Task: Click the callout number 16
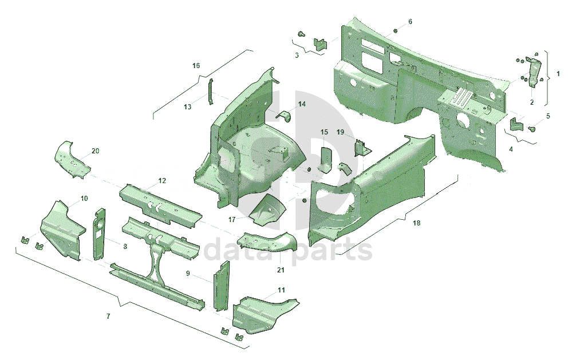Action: tap(196, 66)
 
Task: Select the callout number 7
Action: tap(108, 316)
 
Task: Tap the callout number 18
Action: tap(416, 223)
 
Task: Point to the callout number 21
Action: tap(281, 270)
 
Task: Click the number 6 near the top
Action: tap(410, 21)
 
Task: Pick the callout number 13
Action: tap(188, 107)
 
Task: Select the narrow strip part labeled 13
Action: tap(210, 92)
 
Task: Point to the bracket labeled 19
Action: tap(361, 147)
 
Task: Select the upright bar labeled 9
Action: tap(221, 286)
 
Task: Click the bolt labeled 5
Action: tap(532, 128)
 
